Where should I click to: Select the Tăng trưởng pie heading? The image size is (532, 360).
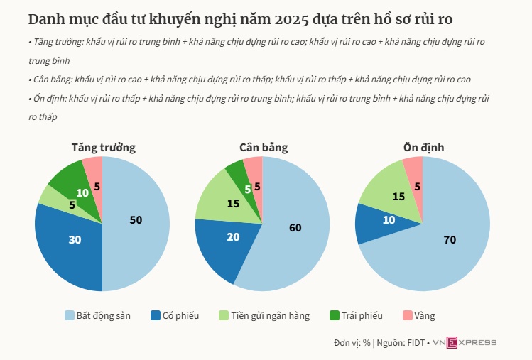103,148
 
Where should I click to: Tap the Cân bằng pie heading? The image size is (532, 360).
263,148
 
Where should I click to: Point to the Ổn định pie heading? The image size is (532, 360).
423,148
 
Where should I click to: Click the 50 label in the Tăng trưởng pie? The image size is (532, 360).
136,220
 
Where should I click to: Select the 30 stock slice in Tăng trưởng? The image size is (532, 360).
75,240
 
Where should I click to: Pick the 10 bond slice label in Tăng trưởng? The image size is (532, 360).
82,192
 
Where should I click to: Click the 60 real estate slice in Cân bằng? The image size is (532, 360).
295,227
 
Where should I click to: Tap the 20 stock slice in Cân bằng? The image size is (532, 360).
232,237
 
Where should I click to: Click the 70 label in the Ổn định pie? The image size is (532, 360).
449,240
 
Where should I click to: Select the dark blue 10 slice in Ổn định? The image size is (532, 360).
389,220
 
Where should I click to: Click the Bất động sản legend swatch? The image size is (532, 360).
70,315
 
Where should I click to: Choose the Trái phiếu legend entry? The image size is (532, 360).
357,315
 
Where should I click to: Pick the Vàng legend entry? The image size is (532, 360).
419,315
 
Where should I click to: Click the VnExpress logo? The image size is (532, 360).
465,343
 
